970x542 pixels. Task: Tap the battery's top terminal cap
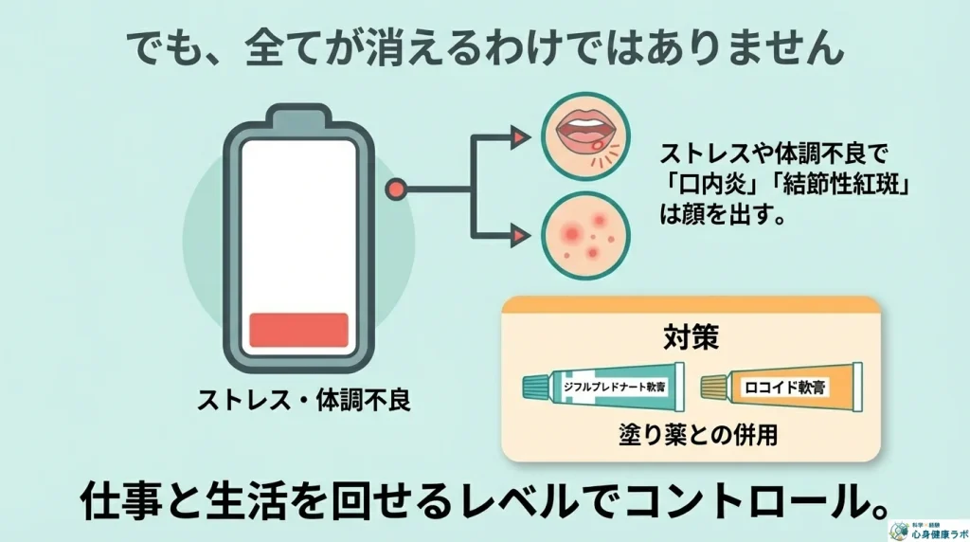298,119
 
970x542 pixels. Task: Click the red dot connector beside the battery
397,190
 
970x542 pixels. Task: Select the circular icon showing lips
580,137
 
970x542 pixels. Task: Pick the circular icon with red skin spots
580,235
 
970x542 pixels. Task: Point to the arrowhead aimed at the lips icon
517,138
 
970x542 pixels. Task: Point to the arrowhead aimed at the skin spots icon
517,234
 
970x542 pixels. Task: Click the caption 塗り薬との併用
691,435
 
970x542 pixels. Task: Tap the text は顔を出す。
720,214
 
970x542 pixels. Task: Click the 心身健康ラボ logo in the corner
928,531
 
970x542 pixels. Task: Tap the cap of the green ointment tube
534,386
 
